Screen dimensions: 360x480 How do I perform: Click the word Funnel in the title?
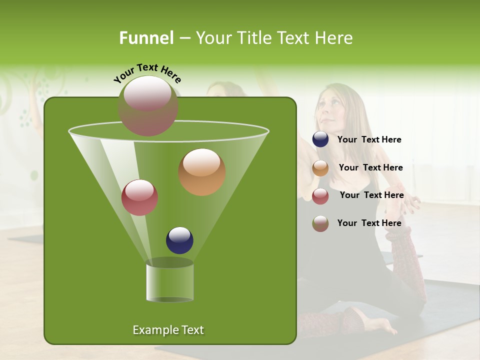(x=146, y=38)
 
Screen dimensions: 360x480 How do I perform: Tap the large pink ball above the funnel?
(x=147, y=106)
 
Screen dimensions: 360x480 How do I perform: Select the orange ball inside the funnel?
(x=201, y=172)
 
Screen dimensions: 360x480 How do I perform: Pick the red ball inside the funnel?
(x=139, y=197)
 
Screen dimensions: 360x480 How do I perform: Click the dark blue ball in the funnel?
(x=179, y=240)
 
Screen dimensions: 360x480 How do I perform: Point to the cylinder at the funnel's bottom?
(x=169, y=281)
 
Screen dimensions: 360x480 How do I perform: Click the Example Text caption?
(x=168, y=330)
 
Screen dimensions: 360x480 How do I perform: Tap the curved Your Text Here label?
(x=147, y=73)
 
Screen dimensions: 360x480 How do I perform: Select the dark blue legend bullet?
(x=320, y=139)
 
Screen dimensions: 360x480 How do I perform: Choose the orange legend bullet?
(x=320, y=168)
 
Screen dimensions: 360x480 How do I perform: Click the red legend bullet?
(x=320, y=196)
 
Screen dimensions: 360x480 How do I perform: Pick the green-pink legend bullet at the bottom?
(x=320, y=223)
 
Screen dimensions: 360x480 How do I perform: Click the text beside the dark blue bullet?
(x=369, y=140)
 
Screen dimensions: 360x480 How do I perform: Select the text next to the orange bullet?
(x=370, y=168)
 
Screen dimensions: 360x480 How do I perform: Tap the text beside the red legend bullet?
(x=371, y=195)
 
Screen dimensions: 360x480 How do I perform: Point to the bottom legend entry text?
(x=369, y=223)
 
